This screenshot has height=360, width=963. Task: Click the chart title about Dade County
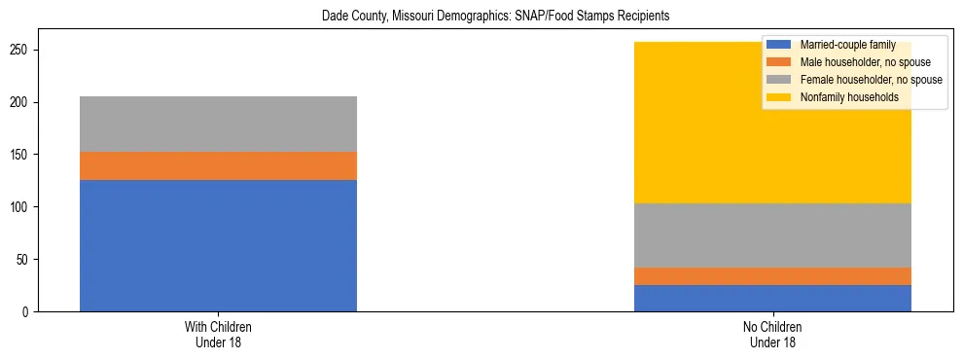[481, 17]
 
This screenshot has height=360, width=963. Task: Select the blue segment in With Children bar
[218, 245]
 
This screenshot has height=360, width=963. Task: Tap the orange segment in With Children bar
[218, 165]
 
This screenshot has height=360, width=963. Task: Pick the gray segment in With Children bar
[218, 124]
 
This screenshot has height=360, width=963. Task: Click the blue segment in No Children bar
[772, 298]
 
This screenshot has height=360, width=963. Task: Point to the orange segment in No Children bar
[772, 276]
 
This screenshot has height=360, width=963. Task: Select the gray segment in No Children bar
[772, 234]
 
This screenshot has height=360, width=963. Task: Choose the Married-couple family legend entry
[843, 45]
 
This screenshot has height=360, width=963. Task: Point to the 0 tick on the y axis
[29, 312]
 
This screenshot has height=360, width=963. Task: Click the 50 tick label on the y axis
[26, 260]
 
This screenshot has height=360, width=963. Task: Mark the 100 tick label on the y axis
[23, 207]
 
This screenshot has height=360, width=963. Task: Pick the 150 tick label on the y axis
[23, 155]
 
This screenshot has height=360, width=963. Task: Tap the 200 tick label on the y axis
[23, 102]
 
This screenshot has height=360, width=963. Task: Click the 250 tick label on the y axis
[23, 50]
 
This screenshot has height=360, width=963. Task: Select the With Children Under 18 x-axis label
[218, 335]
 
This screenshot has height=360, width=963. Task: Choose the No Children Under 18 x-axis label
[772, 335]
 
